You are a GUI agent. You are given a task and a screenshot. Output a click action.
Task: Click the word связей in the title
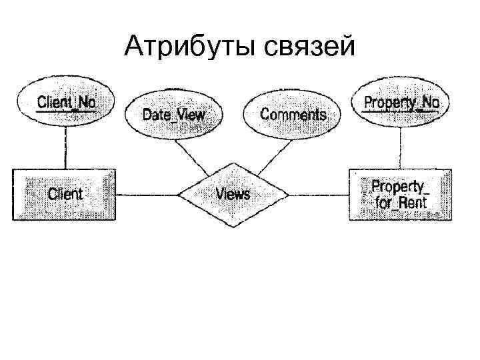(x=307, y=46)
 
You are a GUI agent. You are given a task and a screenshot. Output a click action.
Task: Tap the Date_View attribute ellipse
(x=173, y=114)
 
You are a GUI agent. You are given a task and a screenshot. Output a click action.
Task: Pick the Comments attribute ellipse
(x=293, y=114)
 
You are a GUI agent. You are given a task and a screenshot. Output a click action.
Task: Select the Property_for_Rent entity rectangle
(x=400, y=194)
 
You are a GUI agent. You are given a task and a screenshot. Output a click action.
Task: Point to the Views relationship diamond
(x=233, y=194)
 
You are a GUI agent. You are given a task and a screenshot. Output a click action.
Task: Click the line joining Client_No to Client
(x=65, y=148)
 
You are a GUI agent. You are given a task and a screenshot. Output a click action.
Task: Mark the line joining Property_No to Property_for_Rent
(x=401, y=148)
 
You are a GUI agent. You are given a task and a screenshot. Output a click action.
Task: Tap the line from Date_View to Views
(x=197, y=155)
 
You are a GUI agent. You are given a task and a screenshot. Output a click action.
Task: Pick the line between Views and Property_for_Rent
(x=319, y=195)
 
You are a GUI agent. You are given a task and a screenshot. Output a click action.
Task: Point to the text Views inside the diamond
(x=233, y=194)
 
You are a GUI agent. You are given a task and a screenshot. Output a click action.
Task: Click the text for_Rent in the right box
(x=401, y=203)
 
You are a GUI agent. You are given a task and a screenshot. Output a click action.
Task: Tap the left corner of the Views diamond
(x=179, y=195)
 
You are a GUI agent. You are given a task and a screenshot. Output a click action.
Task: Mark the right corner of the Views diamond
(x=288, y=195)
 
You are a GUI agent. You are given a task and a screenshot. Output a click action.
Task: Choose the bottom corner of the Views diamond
(x=233, y=226)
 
